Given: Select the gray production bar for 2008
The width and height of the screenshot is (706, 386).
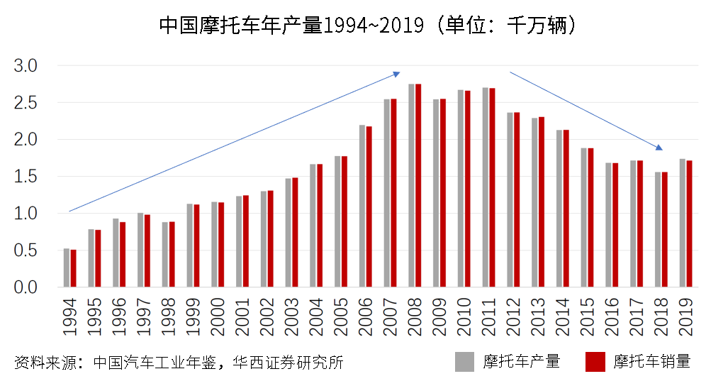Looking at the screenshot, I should point(411,185).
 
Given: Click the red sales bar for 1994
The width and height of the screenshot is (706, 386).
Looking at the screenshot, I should point(73,268).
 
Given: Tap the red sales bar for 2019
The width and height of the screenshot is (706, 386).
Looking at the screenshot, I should point(689,224).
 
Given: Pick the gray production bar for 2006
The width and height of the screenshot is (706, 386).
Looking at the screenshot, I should point(362,206).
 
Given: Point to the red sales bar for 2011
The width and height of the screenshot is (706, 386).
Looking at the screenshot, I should point(492,187).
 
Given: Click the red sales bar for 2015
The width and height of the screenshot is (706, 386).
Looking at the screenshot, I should point(590,217).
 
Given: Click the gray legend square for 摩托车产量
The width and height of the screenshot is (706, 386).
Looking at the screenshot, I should point(464,361).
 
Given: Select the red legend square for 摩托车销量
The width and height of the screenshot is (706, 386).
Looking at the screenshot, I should point(595,361).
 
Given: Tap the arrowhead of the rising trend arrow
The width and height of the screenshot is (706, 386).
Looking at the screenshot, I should point(398,72).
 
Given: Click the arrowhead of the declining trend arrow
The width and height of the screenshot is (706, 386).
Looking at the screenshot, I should point(659,148).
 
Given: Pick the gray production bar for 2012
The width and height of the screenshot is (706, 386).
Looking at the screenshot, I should point(510,199).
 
